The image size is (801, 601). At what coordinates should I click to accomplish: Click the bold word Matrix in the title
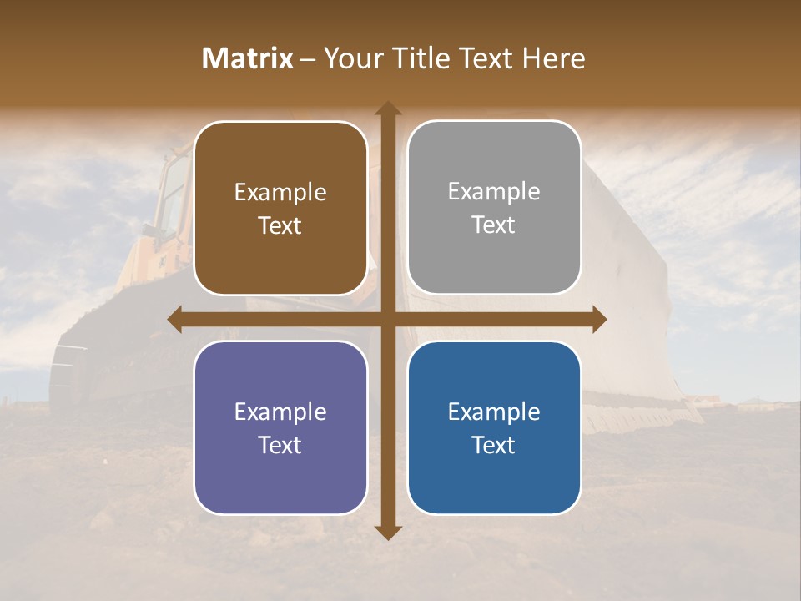(x=248, y=58)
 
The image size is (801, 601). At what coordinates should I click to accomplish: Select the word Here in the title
(x=554, y=58)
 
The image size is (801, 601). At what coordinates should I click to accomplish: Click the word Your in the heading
(x=351, y=58)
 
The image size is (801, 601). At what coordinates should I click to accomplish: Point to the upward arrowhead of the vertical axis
(x=387, y=109)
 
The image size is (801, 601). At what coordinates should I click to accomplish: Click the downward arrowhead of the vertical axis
(x=387, y=532)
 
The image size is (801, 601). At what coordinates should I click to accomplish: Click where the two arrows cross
(x=387, y=319)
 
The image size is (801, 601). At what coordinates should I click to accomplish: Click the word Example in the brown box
(x=280, y=193)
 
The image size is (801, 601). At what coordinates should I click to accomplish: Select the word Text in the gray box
(x=494, y=225)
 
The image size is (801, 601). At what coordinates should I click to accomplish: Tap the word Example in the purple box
(x=280, y=412)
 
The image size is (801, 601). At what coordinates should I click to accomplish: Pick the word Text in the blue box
(x=494, y=446)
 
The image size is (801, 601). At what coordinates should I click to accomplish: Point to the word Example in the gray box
(x=494, y=192)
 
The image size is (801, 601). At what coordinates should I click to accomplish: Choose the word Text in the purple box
(x=280, y=446)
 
